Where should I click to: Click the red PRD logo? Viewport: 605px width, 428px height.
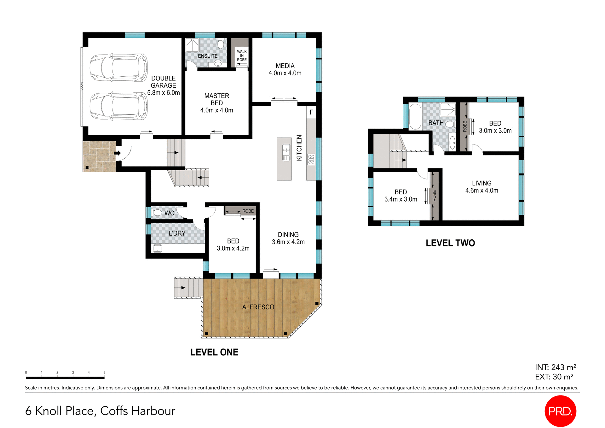(560, 411)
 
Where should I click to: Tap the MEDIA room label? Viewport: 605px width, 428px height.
(285, 69)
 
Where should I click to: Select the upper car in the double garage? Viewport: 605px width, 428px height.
(118, 68)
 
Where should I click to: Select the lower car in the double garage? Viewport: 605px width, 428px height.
(118, 106)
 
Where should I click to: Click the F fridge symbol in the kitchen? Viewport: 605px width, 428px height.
(311, 112)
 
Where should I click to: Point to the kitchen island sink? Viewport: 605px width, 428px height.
(286, 152)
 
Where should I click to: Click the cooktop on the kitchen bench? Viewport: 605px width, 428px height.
(311, 159)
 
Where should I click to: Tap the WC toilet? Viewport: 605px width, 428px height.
(157, 213)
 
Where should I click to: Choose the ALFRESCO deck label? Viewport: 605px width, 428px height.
(258, 307)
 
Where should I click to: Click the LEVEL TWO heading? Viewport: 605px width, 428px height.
(450, 243)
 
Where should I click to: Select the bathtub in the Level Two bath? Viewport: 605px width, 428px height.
(415, 116)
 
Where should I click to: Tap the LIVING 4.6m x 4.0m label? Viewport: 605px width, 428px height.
(481, 187)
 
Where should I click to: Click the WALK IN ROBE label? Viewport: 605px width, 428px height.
(242, 56)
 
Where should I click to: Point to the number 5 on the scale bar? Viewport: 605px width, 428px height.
(104, 372)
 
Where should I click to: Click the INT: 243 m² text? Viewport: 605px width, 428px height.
(555, 367)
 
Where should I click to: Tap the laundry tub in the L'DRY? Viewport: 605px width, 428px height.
(157, 249)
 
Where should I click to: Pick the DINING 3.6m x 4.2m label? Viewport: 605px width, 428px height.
(288, 238)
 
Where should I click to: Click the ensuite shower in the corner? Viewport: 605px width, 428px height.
(192, 45)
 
